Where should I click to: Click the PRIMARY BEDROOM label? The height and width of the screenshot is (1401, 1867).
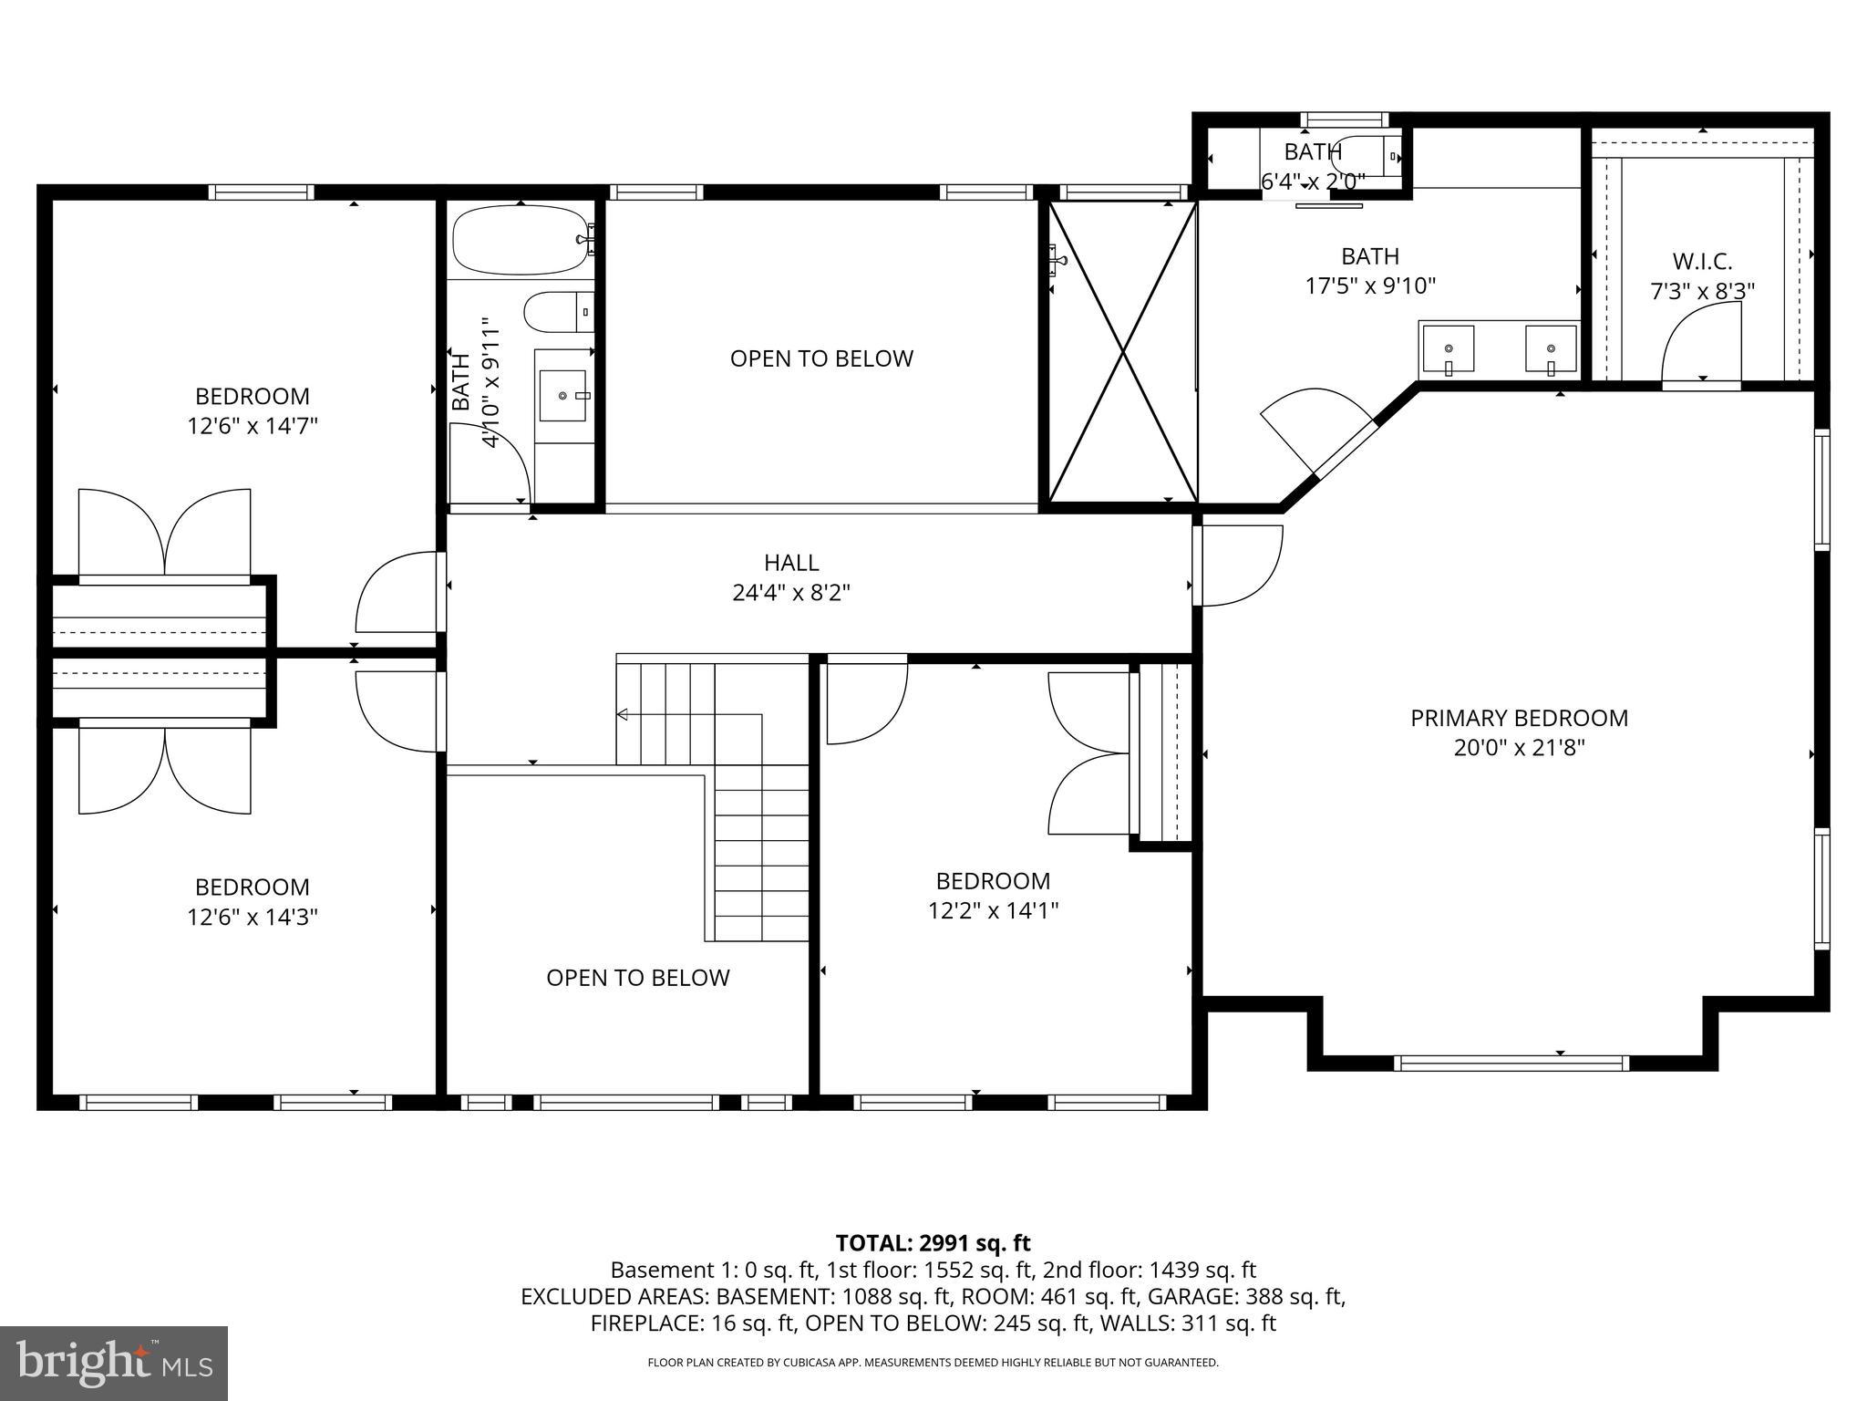coord(1519,718)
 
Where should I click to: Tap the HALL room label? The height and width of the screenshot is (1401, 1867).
coord(791,563)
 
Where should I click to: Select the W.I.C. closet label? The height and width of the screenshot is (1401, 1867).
coord(1702,262)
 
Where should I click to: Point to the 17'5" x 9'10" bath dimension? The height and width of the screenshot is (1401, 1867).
coord(1370,286)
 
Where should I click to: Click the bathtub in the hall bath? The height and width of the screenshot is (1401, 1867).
coord(521,240)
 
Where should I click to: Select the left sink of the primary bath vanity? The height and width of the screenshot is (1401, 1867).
coord(1447,348)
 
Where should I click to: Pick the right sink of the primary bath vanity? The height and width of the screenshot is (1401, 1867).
coord(1551,348)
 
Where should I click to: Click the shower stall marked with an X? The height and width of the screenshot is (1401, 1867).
coord(1122,351)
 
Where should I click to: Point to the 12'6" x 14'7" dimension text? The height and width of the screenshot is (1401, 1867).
coord(253,426)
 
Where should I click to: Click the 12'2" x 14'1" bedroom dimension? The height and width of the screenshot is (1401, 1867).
coord(993,910)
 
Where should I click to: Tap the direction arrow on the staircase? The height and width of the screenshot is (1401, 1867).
coord(623,714)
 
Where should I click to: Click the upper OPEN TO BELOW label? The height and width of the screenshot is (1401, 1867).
coord(821,358)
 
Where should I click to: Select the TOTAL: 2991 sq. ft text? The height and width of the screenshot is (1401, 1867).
coord(933,1242)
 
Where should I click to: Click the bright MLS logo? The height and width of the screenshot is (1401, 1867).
coord(113,1363)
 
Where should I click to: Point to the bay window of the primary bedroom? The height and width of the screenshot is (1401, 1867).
coord(1511,1062)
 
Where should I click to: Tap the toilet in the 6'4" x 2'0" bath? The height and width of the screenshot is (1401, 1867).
coord(1367,155)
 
